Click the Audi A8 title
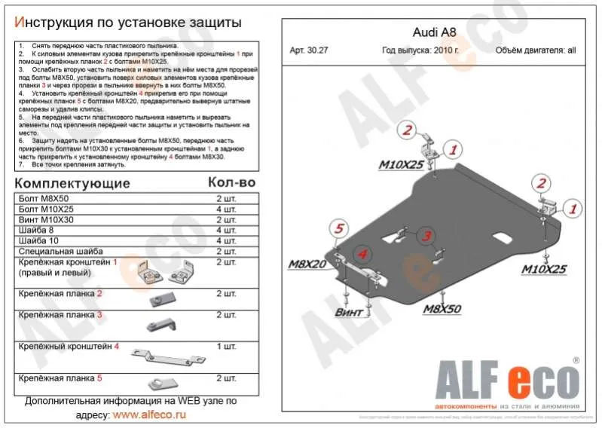(x=434, y=34)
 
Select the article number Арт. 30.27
(x=309, y=51)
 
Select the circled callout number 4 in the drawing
(x=362, y=255)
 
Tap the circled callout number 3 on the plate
(x=426, y=237)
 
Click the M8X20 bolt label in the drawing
(x=307, y=264)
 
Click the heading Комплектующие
(x=72, y=183)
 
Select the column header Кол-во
(x=231, y=183)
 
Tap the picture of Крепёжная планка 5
(x=161, y=382)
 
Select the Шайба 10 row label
(x=39, y=240)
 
